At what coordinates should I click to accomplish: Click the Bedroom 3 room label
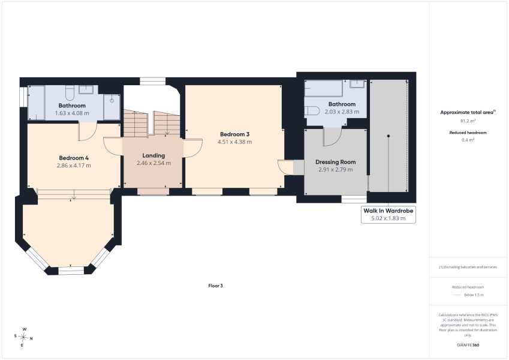pyautogui.click(x=234, y=134)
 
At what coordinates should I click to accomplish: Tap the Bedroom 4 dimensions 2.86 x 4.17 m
pyautogui.click(x=74, y=166)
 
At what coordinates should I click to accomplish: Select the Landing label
pyautogui.click(x=153, y=155)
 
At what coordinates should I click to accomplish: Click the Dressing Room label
pyautogui.click(x=335, y=162)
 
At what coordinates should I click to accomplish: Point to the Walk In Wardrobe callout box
pyautogui.click(x=388, y=214)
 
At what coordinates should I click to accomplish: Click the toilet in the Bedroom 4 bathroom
pyautogui.click(x=70, y=93)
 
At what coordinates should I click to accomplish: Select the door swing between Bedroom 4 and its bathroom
pyautogui.click(x=88, y=131)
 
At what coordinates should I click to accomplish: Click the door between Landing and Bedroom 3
pyautogui.click(x=193, y=148)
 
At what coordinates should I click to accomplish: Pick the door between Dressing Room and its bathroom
pyautogui.click(x=332, y=136)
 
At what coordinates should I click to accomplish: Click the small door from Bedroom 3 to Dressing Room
pyautogui.click(x=285, y=167)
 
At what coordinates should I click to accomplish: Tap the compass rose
pyautogui.click(x=23, y=337)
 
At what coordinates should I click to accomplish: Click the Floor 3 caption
pyautogui.click(x=216, y=286)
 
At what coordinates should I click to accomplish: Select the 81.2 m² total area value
pyautogui.click(x=468, y=121)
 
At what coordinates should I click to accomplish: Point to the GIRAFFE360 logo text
pyautogui.click(x=468, y=345)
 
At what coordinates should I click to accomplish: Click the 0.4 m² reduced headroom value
pyautogui.click(x=468, y=140)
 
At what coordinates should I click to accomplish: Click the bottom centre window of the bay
pyautogui.click(x=71, y=271)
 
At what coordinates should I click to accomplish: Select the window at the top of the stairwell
pyautogui.click(x=152, y=81)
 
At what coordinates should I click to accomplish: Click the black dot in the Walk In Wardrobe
pyautogui.click(x=388, y=136)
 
